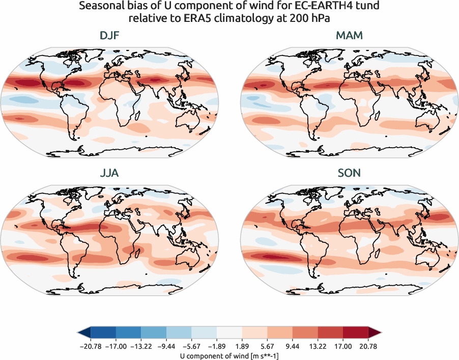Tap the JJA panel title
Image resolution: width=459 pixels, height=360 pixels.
coord(109,173)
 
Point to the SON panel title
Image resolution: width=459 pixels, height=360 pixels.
coord(350,173)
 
